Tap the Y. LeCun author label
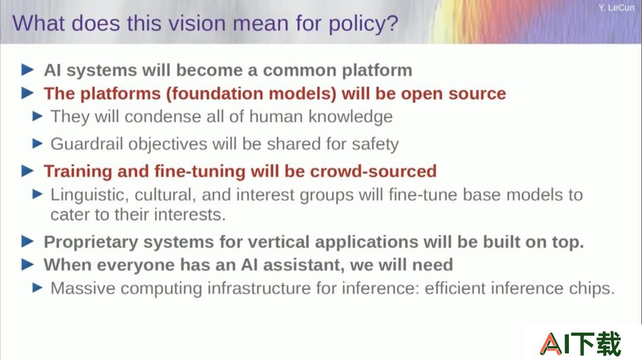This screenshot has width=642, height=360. click(616, 8)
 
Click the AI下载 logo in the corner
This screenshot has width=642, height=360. click(580, 343)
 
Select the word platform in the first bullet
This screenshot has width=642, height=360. click(377, 71)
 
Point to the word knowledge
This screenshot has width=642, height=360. click(350, 117)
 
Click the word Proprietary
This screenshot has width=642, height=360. click(91, 242)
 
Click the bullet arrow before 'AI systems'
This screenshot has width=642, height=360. click(27, 70)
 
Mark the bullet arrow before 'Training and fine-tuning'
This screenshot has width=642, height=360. click(27, 170)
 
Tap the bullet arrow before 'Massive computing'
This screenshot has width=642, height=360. click(37, 288)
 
